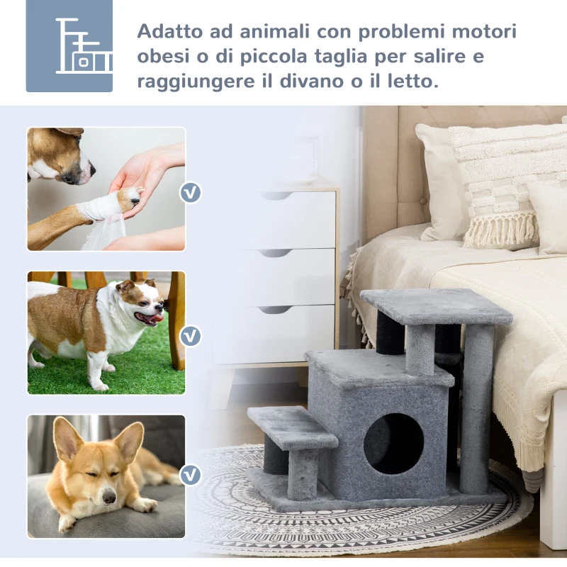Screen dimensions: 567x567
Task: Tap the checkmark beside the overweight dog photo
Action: (190, 335)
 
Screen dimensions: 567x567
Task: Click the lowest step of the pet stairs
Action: (292, 426)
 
